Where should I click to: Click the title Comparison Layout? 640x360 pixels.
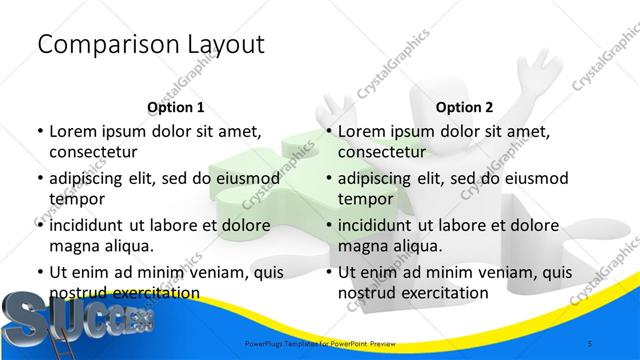tap(150, 44)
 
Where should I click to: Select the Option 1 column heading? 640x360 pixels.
tap(176, 107)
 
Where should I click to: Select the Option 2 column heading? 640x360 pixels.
tap(465, 107)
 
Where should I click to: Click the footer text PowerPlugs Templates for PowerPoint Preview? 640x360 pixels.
tap(320, 343)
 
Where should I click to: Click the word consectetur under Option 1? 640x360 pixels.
tap(93, 152)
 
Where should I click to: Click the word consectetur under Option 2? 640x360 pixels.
tap(382, 152)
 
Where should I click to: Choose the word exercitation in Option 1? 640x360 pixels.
tap(154, 293)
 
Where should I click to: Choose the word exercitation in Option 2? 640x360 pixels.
tap(443, 293)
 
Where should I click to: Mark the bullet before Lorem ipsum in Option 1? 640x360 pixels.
tap(40, 132)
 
